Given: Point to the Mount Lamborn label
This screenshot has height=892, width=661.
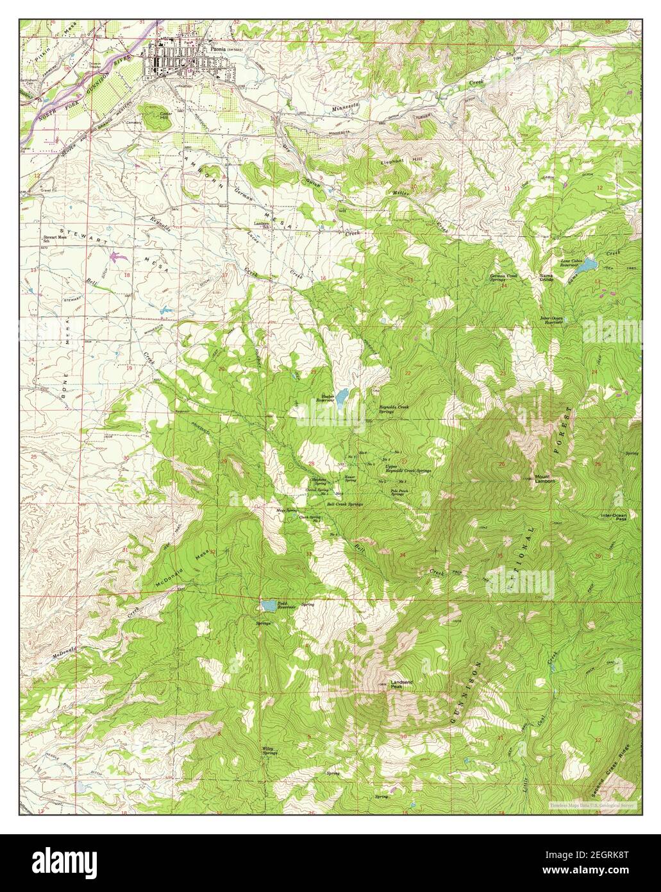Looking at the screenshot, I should coord(545,478).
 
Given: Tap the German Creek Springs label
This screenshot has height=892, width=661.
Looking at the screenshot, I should coord(504,278).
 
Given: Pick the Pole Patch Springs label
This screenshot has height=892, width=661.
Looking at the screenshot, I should coord(397,493).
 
